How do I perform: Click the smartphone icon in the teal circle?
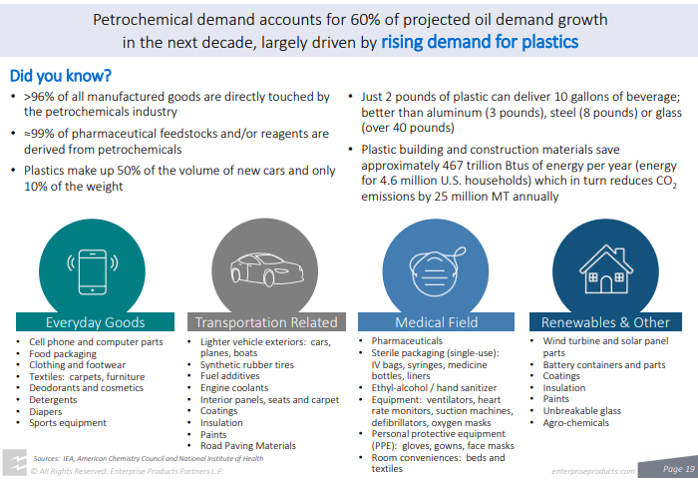click(x=93, y=271)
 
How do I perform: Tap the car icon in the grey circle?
click(x=266, y=269)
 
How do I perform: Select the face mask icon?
click(x=437, y=271)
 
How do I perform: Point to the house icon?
click(x=606, y=268)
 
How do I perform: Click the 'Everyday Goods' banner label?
click(x=96, y=322)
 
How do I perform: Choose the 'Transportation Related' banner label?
click(x=266, y=322)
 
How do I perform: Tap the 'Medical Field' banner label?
click(x=437, y=322)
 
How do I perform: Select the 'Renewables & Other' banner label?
click(x=605, y=322)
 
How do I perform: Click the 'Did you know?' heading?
click(x=61, y=76)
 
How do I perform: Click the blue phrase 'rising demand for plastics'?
click(x=480, y=42)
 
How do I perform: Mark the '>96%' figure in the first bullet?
click(x=39, y=97)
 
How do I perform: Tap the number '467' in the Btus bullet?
click(x=454, y=166)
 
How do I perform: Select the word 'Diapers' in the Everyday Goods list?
click(x=46, y=411)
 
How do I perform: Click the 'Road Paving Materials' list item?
click(x=248, y=446)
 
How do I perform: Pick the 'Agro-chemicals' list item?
click(x=575, y=423)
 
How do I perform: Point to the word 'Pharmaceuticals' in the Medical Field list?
click(x=407, y=341)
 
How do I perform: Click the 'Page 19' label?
click(x=678, y=468)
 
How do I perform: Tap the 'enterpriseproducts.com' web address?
click(x=593, y=471)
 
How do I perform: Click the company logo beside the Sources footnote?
click(x=14, y=463)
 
